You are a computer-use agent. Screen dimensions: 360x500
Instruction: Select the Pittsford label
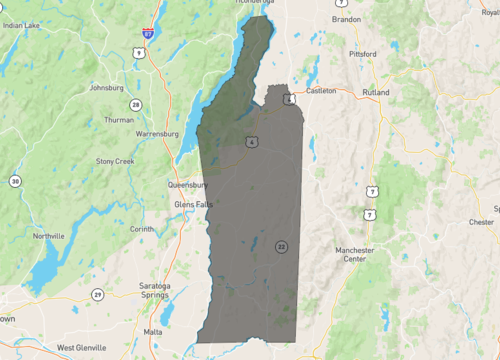(x=361, y=53)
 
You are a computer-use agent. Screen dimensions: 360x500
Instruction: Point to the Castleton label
(x=320, y=90)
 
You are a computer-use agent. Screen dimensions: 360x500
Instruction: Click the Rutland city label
(x=376, y=92)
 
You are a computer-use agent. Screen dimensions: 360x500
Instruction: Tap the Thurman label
(x=118, y=120)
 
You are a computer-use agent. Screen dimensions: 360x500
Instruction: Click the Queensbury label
(x=185, y=184)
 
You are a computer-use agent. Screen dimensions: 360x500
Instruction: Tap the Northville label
(x=48, y=236)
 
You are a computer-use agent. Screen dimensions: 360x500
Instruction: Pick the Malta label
(x=153, y=330)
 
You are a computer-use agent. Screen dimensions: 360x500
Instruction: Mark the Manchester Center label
(x=355, y=254)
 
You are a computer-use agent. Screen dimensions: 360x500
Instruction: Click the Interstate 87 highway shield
(x=147, y=33)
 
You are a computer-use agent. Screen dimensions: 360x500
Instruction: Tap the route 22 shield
(x=282, y=246)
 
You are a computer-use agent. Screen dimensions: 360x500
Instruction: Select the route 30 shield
(x=15, y=181)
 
